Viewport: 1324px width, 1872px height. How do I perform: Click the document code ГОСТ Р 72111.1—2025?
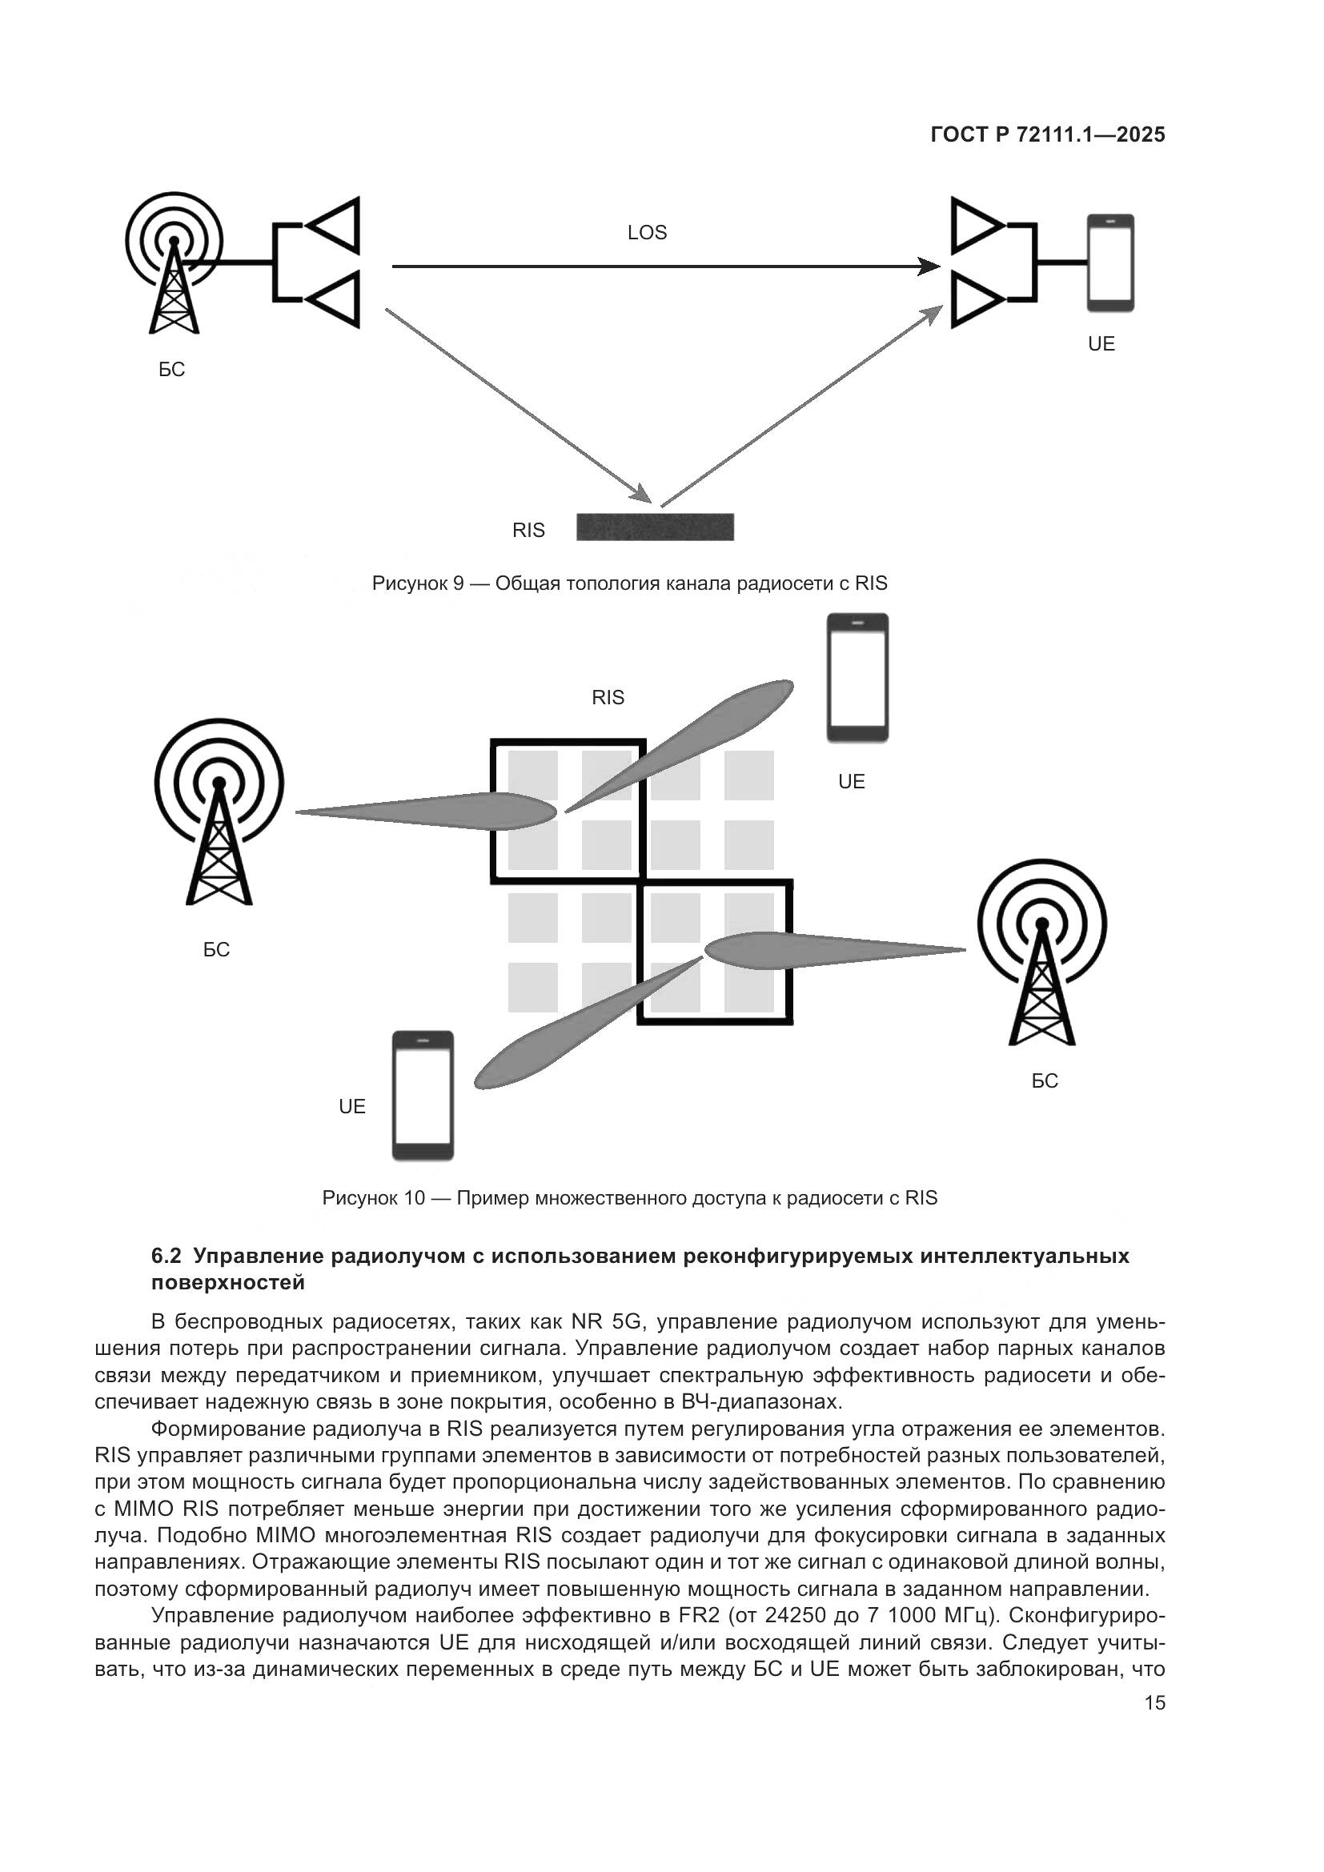[1047, 135]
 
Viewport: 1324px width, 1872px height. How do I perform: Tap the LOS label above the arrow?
[647, 233]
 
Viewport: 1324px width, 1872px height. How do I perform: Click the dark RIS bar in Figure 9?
[655, 527]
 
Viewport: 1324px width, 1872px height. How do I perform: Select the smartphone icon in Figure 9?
[1109, 263]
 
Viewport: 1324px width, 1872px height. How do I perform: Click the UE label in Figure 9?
[1101, 344]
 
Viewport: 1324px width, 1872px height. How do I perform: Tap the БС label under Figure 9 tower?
[171, 371]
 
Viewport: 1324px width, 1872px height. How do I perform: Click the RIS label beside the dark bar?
[528, 531]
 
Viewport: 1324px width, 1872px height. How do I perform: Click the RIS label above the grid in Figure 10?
[608, 698]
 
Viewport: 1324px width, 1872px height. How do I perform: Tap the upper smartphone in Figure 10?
[857, 679]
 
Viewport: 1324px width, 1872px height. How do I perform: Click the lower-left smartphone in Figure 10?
[423, 1095]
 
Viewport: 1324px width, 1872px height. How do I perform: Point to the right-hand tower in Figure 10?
[1042, 953]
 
